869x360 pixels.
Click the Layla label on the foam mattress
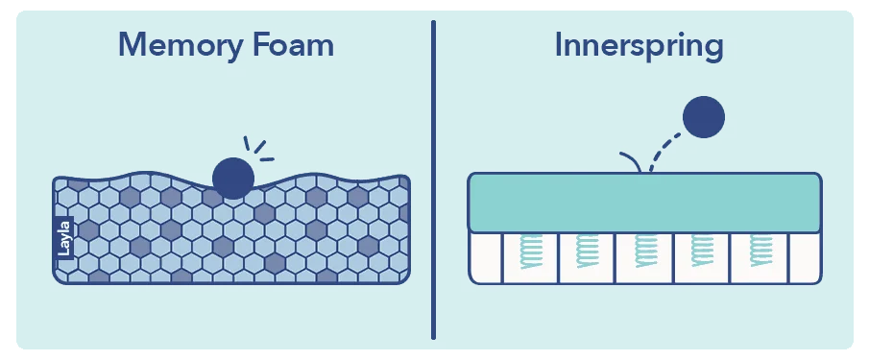coord(65,237)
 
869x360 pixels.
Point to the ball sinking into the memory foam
coord(232,177)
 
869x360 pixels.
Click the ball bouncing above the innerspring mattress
coord(703,117)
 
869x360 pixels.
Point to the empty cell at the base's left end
coord(486,257)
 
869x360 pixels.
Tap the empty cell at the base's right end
coord(805,257)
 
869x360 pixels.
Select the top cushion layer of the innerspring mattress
coord(644,203)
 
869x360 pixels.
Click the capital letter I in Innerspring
coord(560,46)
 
